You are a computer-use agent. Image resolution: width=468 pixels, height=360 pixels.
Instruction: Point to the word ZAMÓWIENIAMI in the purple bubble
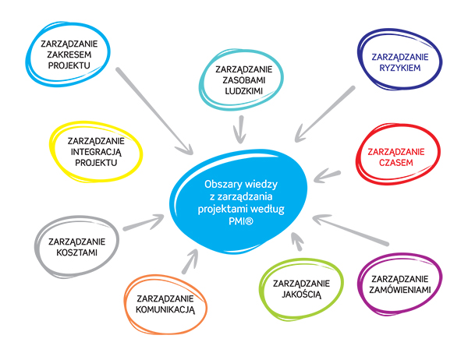click(x=399, y=290)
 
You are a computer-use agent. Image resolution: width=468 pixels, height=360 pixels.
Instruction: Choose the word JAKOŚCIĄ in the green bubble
click(x=301, y=294)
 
